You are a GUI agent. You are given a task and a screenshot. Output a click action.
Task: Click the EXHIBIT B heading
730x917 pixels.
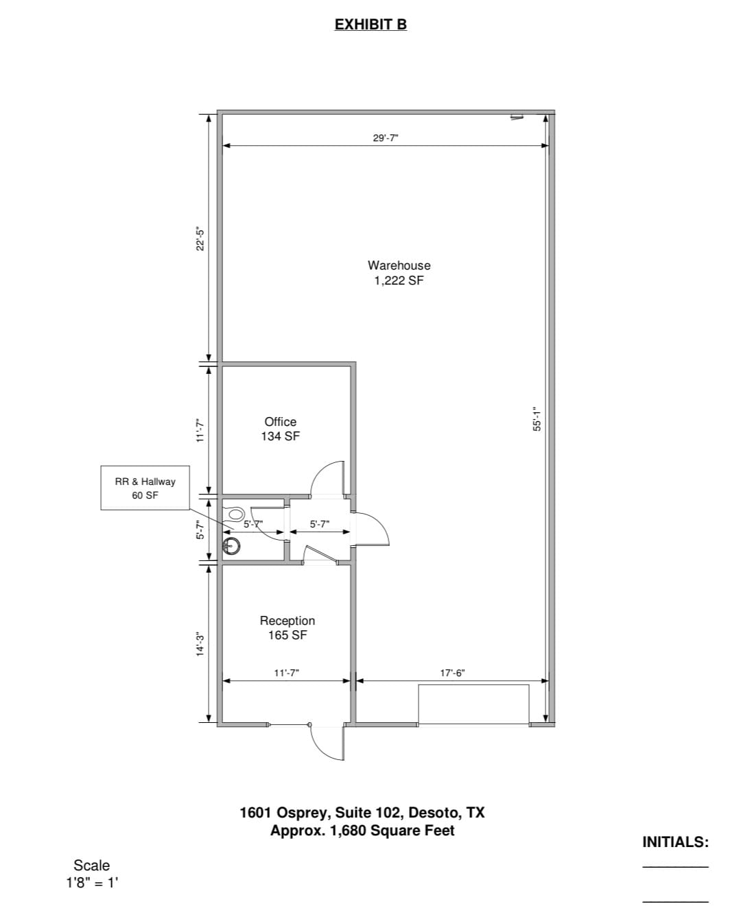coord(370,25)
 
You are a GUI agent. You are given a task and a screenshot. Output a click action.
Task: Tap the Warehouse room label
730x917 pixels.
coord(399,265)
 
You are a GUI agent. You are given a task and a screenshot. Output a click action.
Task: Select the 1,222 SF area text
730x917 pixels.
coord(399,281)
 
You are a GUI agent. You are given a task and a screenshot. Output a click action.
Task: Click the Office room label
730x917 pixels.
coord(280,421)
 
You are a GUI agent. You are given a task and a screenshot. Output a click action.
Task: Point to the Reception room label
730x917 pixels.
coord(287,621)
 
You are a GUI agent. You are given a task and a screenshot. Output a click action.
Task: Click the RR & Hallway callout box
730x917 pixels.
coord(145,488)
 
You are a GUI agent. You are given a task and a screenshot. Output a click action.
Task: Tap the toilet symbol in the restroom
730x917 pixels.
coord(234,514)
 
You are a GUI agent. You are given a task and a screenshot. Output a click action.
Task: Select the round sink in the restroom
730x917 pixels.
coord(231,546)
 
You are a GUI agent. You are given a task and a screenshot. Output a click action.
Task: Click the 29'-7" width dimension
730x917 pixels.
coord(386,138)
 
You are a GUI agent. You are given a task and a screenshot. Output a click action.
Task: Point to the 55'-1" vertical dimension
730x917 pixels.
coord(537,419)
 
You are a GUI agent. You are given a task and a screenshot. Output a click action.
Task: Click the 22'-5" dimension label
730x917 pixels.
coord(200,239)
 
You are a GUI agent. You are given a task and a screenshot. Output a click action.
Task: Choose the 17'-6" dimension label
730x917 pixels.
coord(452,673)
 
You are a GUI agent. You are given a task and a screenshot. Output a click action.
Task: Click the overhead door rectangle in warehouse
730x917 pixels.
coord(473,704)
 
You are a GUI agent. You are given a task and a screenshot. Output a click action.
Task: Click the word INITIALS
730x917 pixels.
coord(675,842)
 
